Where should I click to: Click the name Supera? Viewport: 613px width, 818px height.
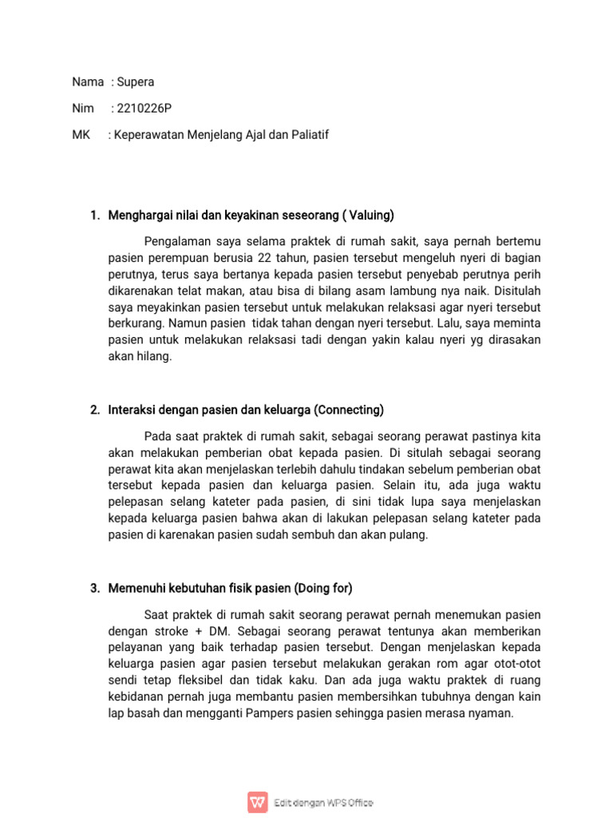coord(136,81)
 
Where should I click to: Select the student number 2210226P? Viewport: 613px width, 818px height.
coord(144,108)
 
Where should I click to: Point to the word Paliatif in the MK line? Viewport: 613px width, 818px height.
coord(307,135)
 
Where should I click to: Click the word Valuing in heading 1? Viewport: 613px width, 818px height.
coord(370,215)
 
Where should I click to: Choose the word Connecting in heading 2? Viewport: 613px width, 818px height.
coord(349,410)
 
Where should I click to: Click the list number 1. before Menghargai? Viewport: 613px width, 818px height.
coord(95,215)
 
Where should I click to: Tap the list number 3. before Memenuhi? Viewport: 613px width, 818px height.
coord(95,588)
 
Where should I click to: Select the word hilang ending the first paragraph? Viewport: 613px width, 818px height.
coord(155,356)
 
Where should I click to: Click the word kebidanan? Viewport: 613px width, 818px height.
coord(136,697)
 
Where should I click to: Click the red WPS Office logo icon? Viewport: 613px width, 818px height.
coord(257,802)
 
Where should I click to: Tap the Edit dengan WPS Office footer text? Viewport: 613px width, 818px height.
coord(323,803)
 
